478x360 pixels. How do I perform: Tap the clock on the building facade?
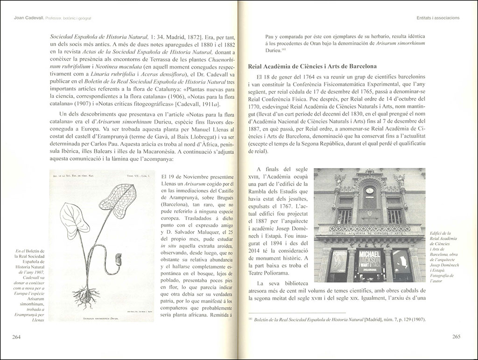point(369,190)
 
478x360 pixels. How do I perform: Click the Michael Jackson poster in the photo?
point(369,258)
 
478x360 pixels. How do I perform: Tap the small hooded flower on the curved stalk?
point(120,259)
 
